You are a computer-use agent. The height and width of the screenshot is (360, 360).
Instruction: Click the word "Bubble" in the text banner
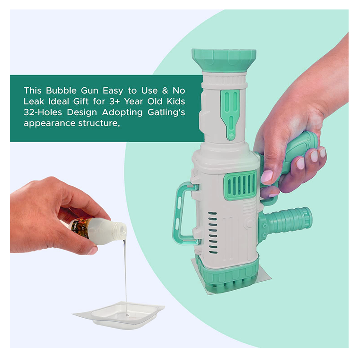61,90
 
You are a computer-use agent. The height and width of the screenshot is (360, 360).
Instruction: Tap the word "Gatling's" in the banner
166,112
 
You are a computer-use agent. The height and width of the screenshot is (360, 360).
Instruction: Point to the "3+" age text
115,102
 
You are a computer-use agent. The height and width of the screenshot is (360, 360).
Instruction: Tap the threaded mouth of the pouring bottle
121,229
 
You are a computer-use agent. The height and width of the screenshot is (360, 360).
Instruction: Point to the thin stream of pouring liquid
126,275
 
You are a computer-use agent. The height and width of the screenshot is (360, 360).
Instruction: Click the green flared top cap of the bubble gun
224,60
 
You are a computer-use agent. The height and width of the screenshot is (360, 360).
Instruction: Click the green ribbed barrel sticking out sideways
285,223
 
